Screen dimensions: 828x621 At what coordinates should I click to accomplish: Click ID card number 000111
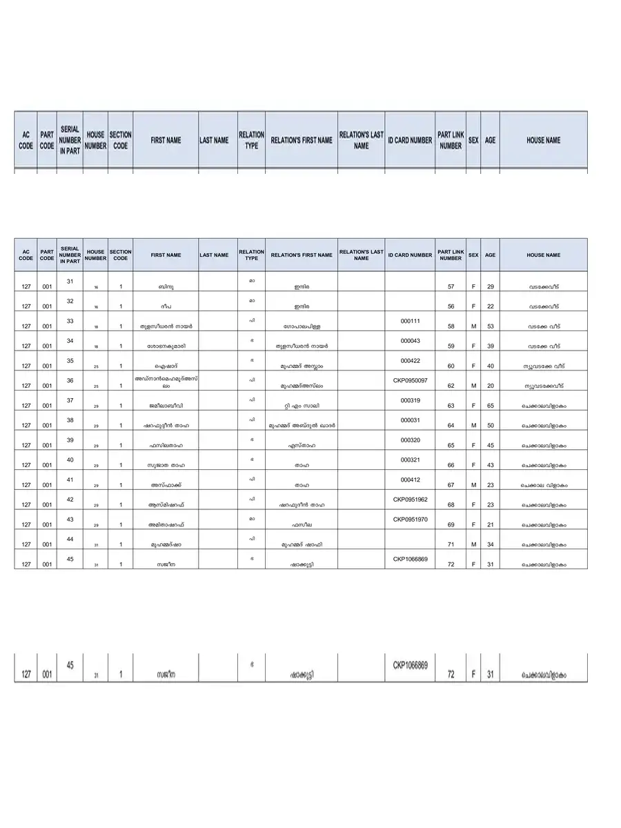point(411,321)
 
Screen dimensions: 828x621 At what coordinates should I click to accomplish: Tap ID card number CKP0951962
point(411,500)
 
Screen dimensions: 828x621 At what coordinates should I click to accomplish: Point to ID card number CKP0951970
point(411,520)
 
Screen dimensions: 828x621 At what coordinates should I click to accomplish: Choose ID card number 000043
point(411,341)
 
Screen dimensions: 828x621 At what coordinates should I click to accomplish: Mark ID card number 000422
point(411,361)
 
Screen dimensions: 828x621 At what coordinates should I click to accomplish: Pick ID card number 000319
point(411,400)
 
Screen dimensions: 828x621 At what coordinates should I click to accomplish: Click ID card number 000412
point(411,480)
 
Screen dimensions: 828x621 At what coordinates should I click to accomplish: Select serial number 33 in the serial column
point(70,321)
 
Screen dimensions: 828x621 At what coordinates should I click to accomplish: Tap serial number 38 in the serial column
point(70,420)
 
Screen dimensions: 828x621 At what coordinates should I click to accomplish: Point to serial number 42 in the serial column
point(70,500)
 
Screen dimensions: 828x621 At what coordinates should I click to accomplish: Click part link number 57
point(451,286)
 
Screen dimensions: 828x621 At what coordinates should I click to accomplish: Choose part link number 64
point(451,426)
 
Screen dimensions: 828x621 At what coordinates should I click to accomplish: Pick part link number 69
point(451,525)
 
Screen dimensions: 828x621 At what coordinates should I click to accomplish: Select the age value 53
point(490,326)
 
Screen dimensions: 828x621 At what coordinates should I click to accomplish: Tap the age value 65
point(490,406)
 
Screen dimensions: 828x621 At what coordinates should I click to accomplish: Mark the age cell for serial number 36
point(490,386)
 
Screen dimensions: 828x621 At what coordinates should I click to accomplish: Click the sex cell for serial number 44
point(473,545)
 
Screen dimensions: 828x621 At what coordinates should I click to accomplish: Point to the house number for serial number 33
point(96,327)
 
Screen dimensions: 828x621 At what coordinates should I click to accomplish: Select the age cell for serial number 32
point(490,306)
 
